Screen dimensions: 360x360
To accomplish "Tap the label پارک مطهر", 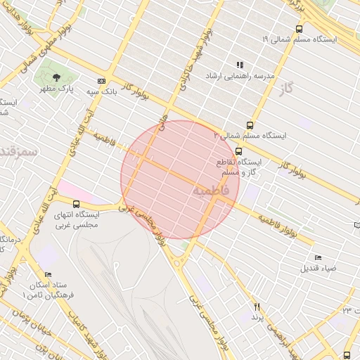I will pos(56,89).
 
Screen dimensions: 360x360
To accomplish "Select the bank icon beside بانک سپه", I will pos(102,81).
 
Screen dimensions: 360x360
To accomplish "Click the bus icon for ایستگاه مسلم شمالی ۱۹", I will pos(300,29).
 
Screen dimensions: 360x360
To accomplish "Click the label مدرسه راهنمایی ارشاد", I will pos(239,75).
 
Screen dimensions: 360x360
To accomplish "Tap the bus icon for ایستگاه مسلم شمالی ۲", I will pos(219,134).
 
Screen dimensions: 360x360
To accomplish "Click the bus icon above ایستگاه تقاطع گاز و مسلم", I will pos(239,150).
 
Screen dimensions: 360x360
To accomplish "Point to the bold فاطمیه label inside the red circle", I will pos(210,191).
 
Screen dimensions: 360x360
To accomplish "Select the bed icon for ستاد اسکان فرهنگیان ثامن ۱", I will pos(48,274).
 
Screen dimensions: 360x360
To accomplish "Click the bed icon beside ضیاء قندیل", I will pos(318,258).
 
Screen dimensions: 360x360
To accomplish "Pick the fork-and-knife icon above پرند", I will pos(257,307).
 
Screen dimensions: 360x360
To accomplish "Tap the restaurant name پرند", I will pos(257,318).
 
